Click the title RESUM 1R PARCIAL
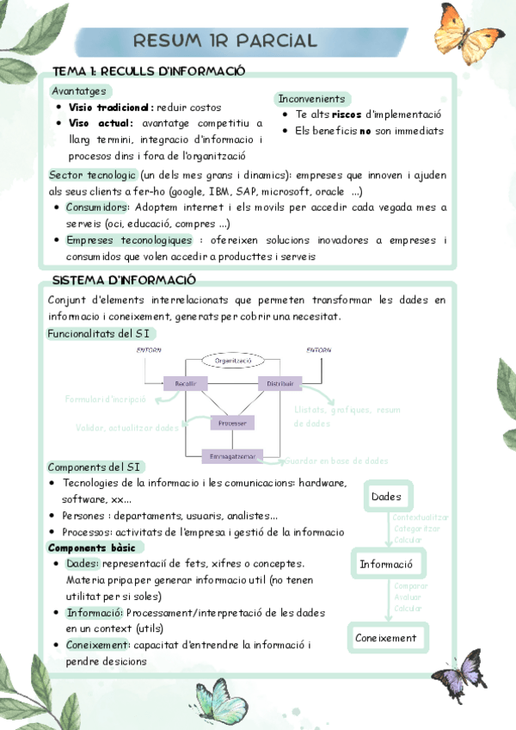225,40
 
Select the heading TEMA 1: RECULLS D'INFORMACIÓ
149,70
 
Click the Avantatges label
79,90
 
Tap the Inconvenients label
311,99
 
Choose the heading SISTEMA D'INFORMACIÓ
124,281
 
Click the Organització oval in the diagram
233,360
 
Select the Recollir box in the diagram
186,383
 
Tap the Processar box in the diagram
232,423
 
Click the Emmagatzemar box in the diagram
232,455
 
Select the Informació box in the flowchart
386,565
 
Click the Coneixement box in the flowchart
386,638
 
